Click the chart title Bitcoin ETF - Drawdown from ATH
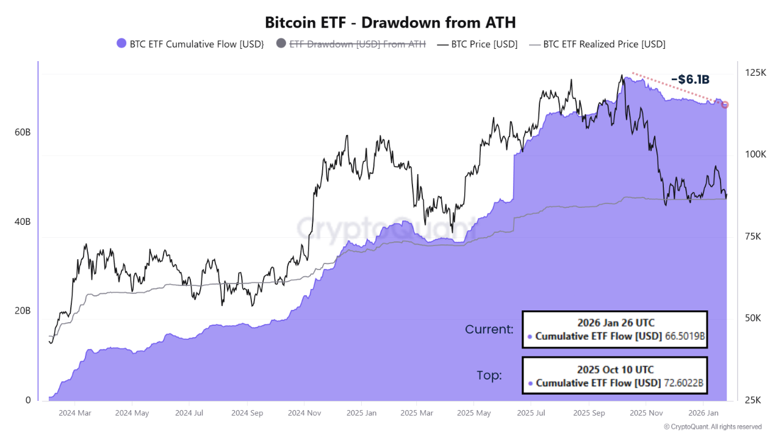pyautogui.click(x=390, y=23)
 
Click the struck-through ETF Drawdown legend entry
pyautogui.click(x=357, y=44)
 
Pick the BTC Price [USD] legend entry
pyautogui.click(x=484, y=44)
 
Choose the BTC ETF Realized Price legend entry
pyautogui.click(x=603, y=44)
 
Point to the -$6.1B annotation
pyautogui.click(x=690, y=79)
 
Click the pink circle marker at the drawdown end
pyautogui.click(x=725, y=105)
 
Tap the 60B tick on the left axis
pyautogui.click(x=23, y=132)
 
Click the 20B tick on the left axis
pyautogui.click(x=23, y=310)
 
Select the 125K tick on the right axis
pyautogui.click(x=755, y=73)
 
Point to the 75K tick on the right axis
pyautogui.click(x=755, y=237)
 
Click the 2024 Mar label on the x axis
pyautogui.click(x=76, y=413)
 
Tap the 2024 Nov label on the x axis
pyautogui.click(x=304, y=413)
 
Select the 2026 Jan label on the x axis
pyautogui.click(x=704, y=413)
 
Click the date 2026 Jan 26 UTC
pyautogui.click(x=614, y=322)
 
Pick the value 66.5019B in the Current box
pyautogui.click(x=683, y=336)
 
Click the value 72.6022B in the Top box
pyautogui.click(x=683, y=383)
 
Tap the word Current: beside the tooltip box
pyautogui.click(x=489, y=329)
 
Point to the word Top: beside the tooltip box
pyautogui.click(x=489, y=376)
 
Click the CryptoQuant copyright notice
pyautogui.click(x=712, y=427)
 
